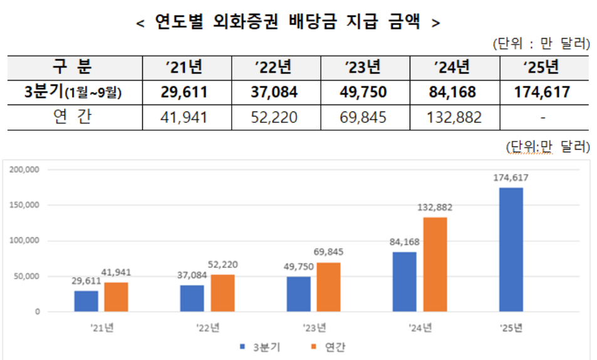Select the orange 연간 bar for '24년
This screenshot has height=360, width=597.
(435, 264)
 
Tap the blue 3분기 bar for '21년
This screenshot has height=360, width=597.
(86, 301)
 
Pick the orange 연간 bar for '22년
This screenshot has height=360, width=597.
(222, 293)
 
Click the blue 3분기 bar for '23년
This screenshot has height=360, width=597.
(298, 294)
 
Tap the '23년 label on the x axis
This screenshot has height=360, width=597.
(313, 327)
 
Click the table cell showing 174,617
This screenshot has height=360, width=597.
(542, 93)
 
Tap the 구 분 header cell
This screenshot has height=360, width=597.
(73, 67)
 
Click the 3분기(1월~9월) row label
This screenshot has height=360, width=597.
(73, 93)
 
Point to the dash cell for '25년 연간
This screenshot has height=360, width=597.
(542, 117)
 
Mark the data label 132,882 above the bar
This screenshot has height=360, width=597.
(435, 208)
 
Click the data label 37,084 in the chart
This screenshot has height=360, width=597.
(192, 275)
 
